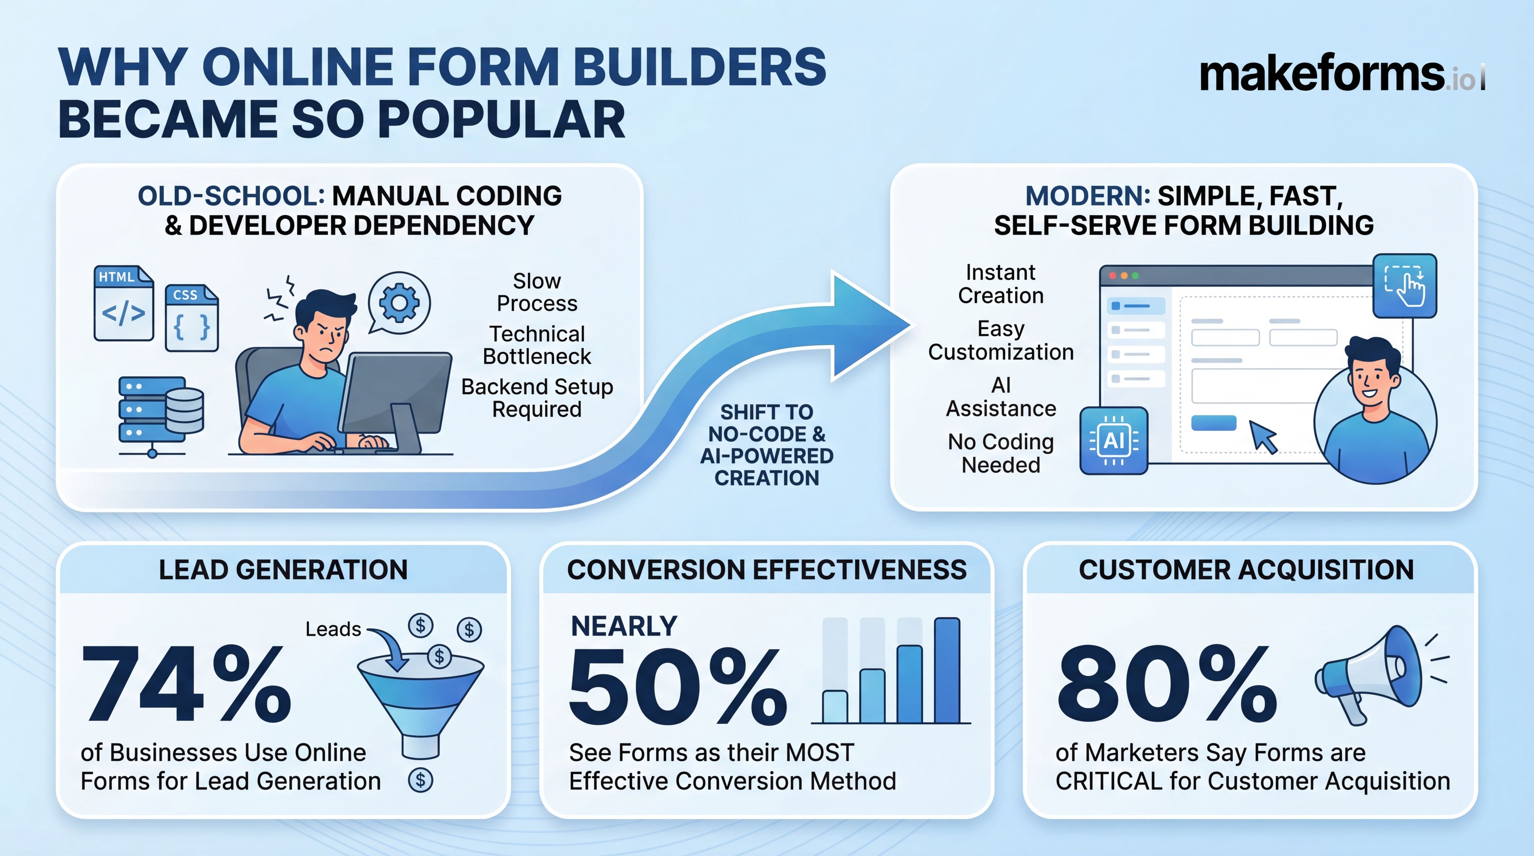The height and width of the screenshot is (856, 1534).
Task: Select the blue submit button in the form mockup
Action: (x=1213, y=423)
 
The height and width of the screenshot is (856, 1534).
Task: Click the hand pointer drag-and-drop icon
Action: (x=1404, y=286)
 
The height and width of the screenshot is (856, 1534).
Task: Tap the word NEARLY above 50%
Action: (x=623, y=626)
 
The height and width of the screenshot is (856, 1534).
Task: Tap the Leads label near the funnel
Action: (x=333, y=629)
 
